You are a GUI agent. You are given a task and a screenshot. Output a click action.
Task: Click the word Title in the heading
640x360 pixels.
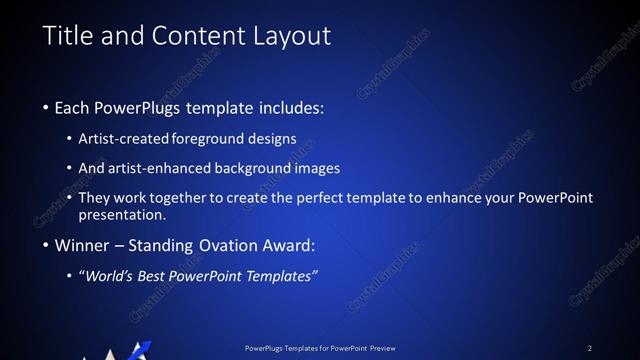tap(68, 37)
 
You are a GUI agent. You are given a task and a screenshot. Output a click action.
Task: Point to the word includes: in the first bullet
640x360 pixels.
tap(290, 107)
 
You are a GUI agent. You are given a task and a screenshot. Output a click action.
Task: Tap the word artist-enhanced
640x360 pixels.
tap(169, 168)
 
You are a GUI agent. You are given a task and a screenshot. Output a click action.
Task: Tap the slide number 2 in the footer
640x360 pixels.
tap(590, 348)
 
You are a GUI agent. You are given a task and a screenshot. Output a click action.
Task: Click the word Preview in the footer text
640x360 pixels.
tap(381, 348)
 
